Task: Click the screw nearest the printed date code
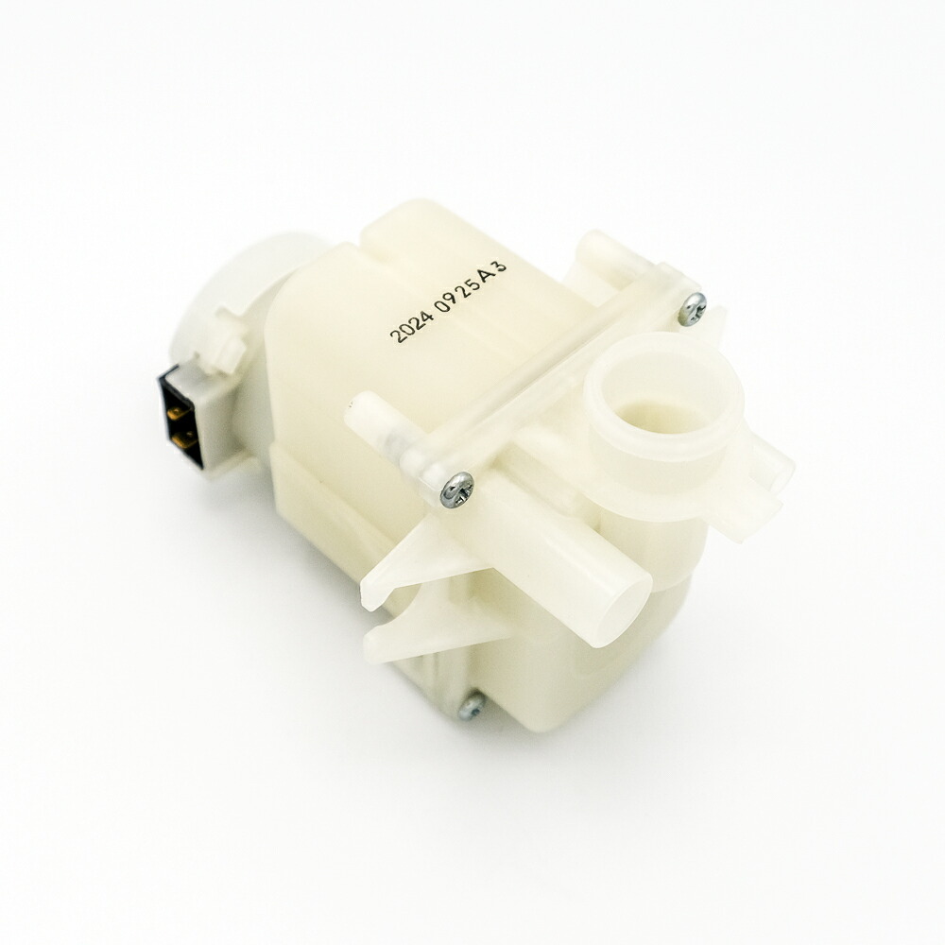pyautogui.click(x=692, y=309)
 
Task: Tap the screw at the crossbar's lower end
pyautogui.click(x=456, y=489)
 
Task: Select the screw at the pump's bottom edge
pyautogui.click(x=471, y=706)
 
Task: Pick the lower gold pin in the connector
pyautogui.click(x=182, y=441)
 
